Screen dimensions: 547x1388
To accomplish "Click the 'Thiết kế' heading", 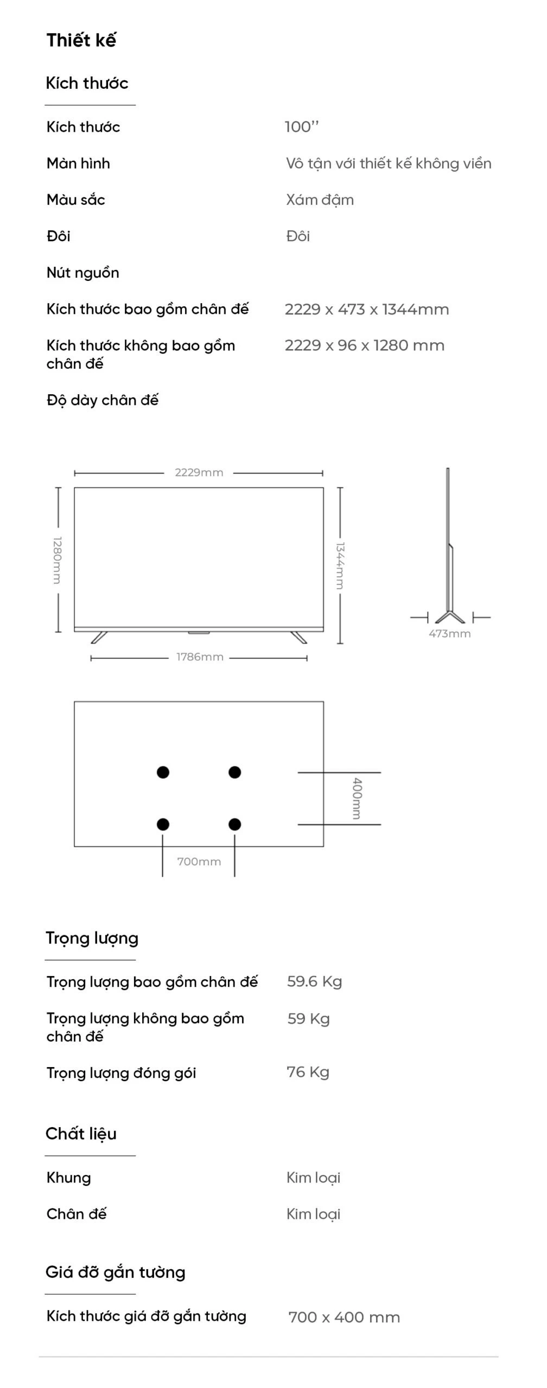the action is (81, 40).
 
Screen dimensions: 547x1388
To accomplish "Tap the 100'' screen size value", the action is (302, 127).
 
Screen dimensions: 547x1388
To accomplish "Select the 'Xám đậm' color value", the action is (320, 200).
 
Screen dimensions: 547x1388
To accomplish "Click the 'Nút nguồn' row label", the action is (83, 272).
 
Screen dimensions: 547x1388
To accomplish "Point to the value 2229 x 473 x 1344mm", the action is (367, 310).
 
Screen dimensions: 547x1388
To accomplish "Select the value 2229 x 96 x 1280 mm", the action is (365, 345).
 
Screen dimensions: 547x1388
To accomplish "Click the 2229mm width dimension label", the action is (199, 472).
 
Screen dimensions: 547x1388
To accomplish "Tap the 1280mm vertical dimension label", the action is (57, 560).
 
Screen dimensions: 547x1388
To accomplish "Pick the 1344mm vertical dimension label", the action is (340, 566).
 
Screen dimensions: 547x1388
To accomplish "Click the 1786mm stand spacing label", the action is (200, 657).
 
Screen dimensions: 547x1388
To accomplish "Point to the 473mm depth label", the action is (450, 633).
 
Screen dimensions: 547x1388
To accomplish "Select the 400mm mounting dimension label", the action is (357, 798).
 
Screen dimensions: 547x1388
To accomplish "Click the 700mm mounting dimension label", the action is (199, 862).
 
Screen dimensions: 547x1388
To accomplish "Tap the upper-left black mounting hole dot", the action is (163, 772).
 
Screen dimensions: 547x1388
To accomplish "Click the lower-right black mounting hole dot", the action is (234, 824).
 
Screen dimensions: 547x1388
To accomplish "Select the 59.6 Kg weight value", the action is (315, 981).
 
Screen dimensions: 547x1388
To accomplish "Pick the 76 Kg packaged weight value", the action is (308, 1072).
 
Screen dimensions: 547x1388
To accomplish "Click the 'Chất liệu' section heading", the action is (81, 1133).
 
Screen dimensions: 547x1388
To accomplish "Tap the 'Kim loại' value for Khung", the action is (314, 1178).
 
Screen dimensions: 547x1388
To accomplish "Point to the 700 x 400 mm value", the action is (344, 1317).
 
